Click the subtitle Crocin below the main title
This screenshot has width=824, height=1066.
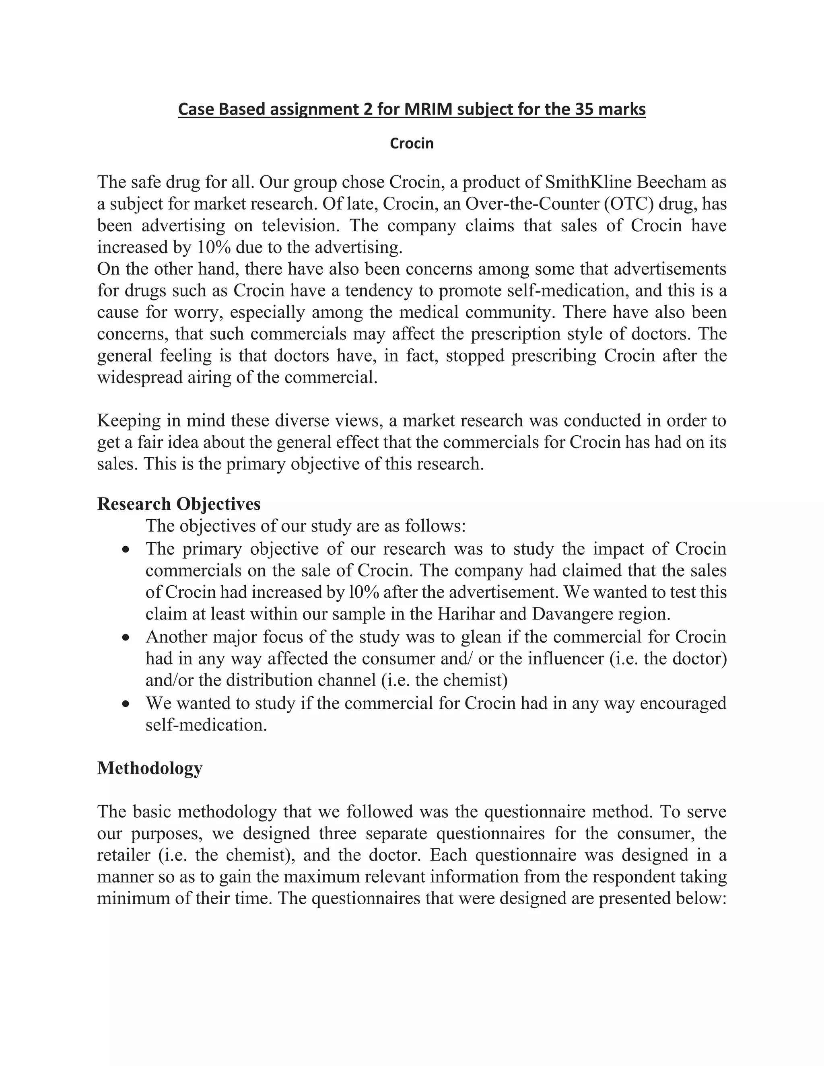point(412,144)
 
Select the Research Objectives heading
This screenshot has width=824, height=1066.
point(179,504)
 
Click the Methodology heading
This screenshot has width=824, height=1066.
point(149,768)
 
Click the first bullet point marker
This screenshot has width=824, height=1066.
point(126,549)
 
